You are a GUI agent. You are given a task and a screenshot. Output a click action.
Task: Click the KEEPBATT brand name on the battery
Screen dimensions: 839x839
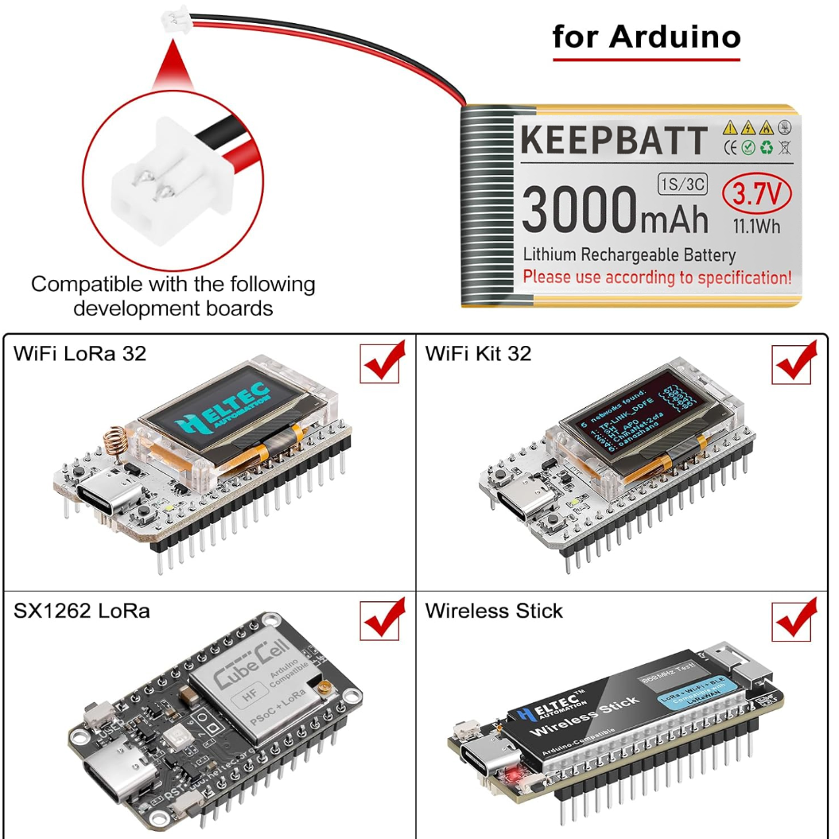pyautogui.click(x=613, y=141)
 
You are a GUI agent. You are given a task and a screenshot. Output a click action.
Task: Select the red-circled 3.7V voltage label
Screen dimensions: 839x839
pyautogui.click(x=756, y=192)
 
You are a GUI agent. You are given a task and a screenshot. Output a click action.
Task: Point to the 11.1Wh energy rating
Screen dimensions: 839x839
pyautogui.click(x=755, y=226)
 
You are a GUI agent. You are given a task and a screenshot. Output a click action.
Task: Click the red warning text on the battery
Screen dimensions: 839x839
pyautogui.click(x=657, y=278)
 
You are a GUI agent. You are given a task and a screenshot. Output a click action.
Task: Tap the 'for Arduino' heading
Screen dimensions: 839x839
pyautogui.click(x=647, y=37)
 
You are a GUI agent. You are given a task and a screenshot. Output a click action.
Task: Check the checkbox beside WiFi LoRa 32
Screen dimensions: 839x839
pyautogui.click(x=379, y=363)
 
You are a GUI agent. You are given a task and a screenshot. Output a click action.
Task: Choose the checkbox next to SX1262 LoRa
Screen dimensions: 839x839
pyautogui.click(x=379, y=620)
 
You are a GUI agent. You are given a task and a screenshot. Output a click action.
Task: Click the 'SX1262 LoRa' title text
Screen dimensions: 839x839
pyautogui.click(x=81, y=611)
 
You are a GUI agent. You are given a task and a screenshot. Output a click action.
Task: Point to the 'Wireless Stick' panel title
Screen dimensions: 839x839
pyautogui.click(x=494, y=611)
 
